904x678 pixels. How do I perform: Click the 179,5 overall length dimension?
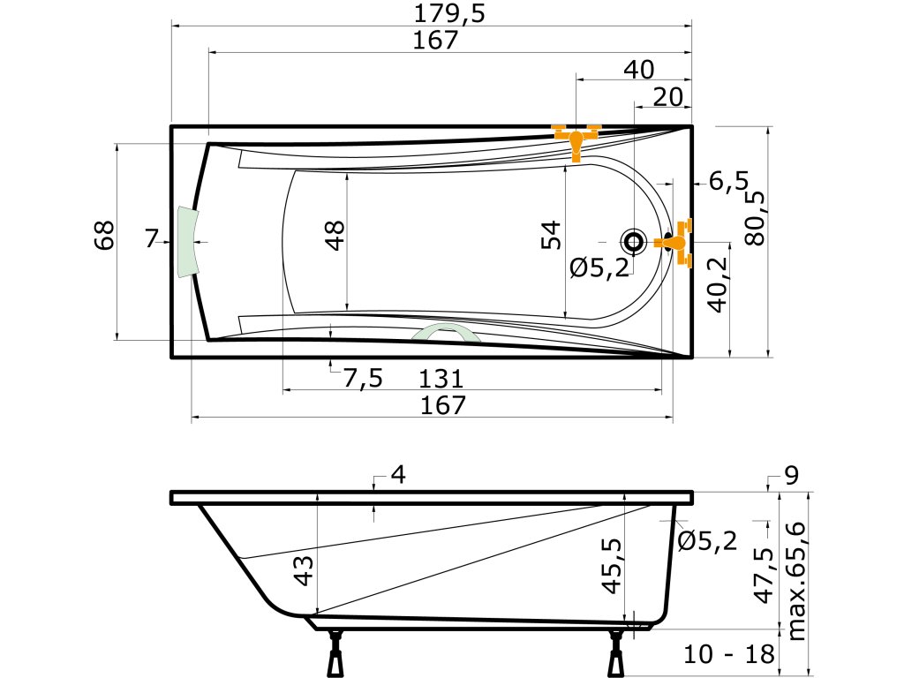pos(449,13)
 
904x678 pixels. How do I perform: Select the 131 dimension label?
pos(441,379)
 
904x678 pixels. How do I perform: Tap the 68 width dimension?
pos(105,235)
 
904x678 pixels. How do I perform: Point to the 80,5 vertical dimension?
pos(756,219)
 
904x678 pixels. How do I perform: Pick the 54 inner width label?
pos(551,235)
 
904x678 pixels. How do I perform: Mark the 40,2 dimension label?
pos(719,285)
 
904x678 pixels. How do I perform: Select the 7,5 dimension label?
pos(363,379)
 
